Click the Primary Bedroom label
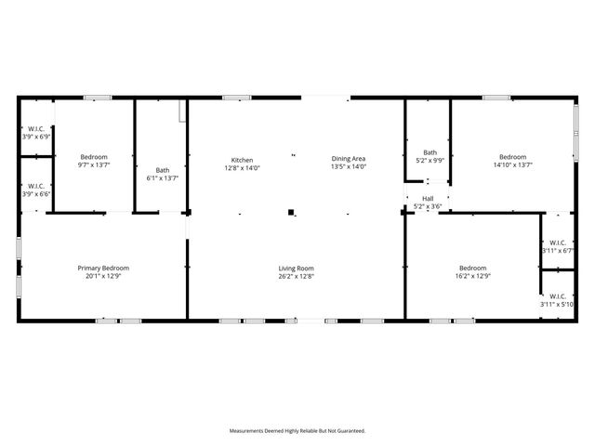102,268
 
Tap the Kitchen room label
242,160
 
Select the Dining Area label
349,160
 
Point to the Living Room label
297,268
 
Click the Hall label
428,198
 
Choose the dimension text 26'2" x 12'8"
297,276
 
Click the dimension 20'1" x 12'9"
102,276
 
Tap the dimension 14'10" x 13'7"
512,165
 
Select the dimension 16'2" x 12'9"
472,276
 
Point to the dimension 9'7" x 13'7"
94,165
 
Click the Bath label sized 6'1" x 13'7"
163,170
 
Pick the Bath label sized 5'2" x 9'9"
430,152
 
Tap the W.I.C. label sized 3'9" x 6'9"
36,128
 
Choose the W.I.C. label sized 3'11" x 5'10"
557,296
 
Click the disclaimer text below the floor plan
297,431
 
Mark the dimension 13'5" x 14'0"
349,168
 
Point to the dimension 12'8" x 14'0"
242,168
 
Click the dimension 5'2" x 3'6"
428,205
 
